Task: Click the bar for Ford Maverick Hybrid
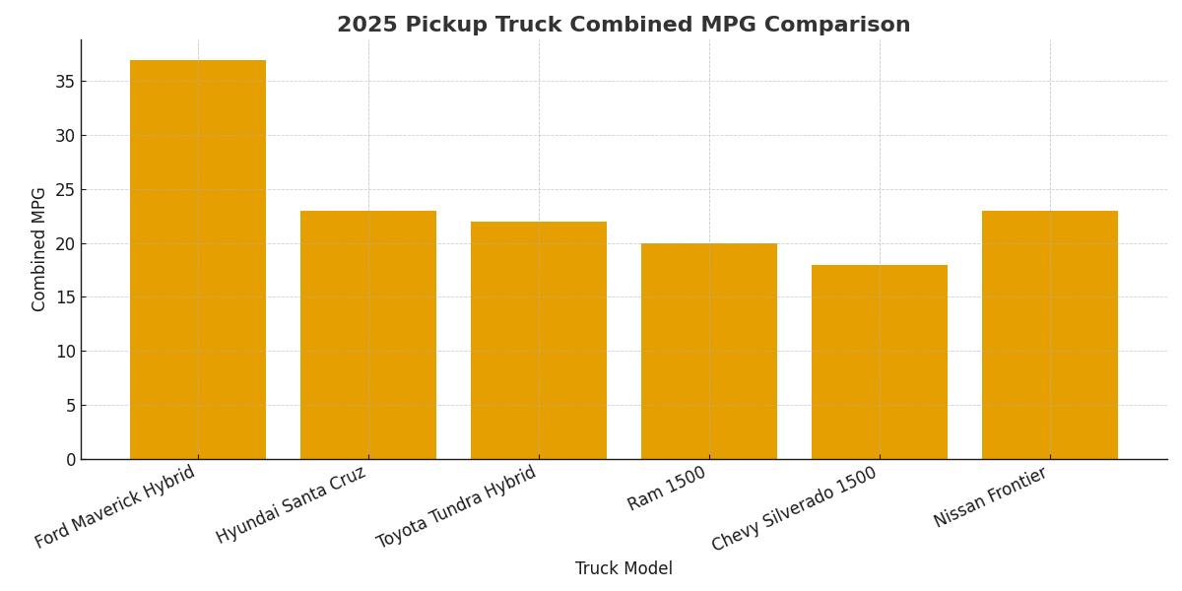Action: pyautogui.click(x=198, y=260)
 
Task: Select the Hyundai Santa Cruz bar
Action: pyautogui.click(x=368, y=335)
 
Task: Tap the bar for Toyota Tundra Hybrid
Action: pyautogui.click(x=539, y=340)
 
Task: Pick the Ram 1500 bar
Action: pyautogui.click(x=709, y=351)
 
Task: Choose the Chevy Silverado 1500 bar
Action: pyautogui.click(x=880, y=361)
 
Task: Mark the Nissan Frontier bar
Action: pyautogui.click(x=1050, y=335)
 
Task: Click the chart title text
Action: pyautogui.click(x=624, y=25)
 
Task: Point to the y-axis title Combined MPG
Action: pyautogui.click(x=39, y=249)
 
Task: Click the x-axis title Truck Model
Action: pyautogui.click(x=624, y=568)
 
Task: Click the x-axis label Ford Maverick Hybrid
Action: pyautogui.click(x=116, y=506)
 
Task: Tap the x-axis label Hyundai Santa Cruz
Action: pyautogui.click(x=292, y=503)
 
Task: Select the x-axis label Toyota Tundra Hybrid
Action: pyautogui.click(x=457, y=506)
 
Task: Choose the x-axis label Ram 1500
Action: pyautogui.click(x=667, y=488)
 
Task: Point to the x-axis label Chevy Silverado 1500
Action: pyautogui.click(x=794, y=508)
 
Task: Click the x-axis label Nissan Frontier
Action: pyautogui.click(x=991, y=496)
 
